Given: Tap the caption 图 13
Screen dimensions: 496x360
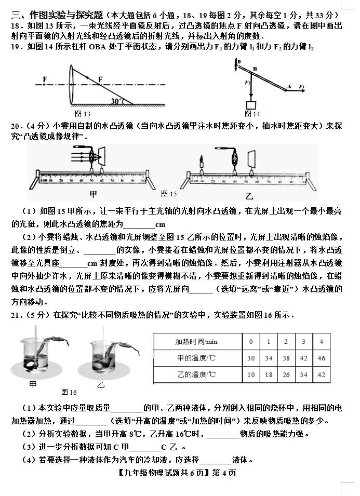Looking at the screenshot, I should pos(83,114).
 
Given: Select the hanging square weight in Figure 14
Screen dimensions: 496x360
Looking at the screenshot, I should pos(251,104).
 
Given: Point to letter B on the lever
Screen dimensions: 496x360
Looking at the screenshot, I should pos(255,69).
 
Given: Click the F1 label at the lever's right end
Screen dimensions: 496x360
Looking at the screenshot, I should pos(301,86).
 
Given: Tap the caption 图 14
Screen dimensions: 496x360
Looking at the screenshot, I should pos(252,114).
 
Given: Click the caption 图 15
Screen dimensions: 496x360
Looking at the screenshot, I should pos(169,194).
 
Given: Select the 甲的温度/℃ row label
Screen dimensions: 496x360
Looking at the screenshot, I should pos(196,358).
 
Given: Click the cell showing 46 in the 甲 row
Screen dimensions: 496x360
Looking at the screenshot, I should pos(321,358).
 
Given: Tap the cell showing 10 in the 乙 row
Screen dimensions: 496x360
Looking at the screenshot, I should pos(251,374).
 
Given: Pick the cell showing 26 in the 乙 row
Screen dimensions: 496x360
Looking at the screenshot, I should pos(286,374).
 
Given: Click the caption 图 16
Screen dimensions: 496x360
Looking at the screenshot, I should pos(69,392).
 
